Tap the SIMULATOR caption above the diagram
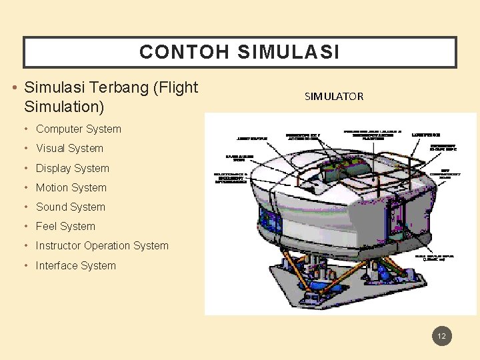334,97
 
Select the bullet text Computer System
78,129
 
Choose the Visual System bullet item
69,149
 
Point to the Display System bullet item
72,168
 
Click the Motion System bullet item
71,188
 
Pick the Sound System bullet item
70,207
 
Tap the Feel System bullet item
65,227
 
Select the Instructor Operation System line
102,246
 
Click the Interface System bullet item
75,265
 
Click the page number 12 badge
441,336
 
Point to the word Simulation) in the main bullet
64,107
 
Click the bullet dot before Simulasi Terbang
15,88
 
